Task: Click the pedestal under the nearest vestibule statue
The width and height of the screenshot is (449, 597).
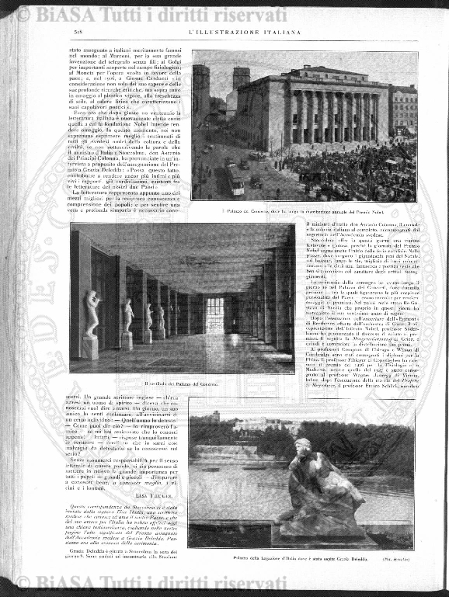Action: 92,347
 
